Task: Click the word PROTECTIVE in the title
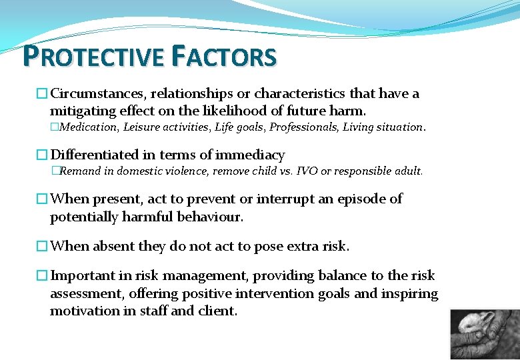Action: coord(93,57)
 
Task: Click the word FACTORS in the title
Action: coord(223,57)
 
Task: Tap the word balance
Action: coord(354,275)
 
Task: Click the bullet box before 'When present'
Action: coord(42,199)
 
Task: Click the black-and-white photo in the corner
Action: coord(484,333)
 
